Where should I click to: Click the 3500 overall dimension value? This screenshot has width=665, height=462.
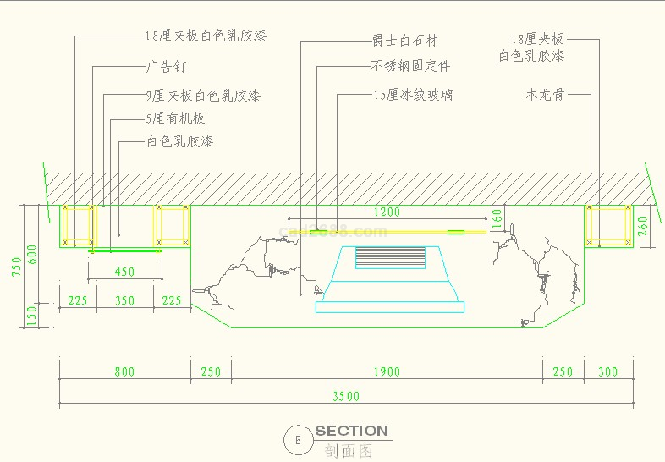pos(346,396)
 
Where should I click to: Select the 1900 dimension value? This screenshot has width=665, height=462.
pos(387,371)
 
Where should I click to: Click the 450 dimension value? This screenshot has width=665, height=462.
pos(124,272)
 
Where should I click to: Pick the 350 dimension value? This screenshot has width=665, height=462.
pos(124,300)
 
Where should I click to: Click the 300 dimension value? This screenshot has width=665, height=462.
pos(607,371)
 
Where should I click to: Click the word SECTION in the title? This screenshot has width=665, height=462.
pos(352,431)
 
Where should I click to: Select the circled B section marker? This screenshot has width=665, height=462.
pos(297,439)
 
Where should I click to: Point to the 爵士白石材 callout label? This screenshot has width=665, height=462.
pos(405,41)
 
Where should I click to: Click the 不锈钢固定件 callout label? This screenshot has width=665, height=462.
pos(411,66)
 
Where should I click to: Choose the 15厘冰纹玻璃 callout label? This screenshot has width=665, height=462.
pos(413,95)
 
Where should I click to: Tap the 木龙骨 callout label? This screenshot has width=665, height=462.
pos(545,95)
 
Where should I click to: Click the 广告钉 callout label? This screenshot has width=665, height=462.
pos(165,66)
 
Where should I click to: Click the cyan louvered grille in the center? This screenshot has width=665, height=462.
pos(389,257)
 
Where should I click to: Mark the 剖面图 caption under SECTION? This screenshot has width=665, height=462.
pos(349,451)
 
